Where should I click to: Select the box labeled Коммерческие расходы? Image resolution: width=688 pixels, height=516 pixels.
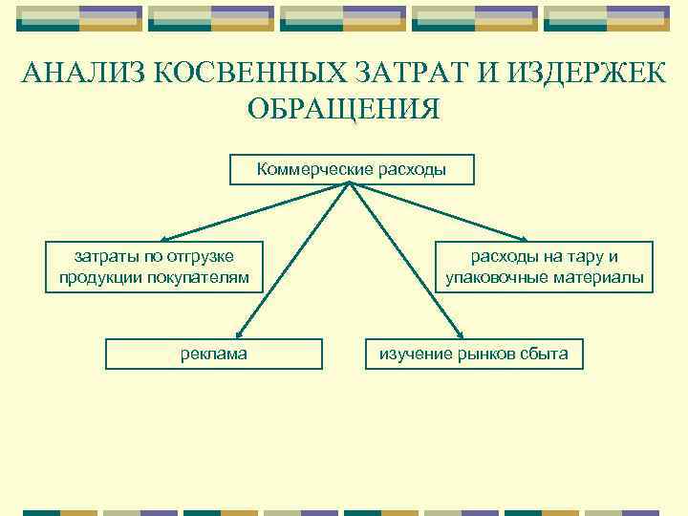pyautogui.click(x=351, y=170)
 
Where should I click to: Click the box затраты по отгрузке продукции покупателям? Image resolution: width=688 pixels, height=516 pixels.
pyautogui.click(x=154, y=267)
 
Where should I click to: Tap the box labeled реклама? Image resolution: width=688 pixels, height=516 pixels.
pyautogui.click(x=214, y=354)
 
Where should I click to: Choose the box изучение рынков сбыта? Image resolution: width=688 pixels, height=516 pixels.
pyautogui.click(x=474, y=354)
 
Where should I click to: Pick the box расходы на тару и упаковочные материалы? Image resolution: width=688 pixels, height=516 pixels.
pyautogui.click(x=545, y=267)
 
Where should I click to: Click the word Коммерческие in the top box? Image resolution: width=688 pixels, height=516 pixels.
pyautogui.click(x=304, y=170)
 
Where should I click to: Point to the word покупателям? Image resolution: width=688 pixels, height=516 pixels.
pyautogui.click(x=207, y=278)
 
